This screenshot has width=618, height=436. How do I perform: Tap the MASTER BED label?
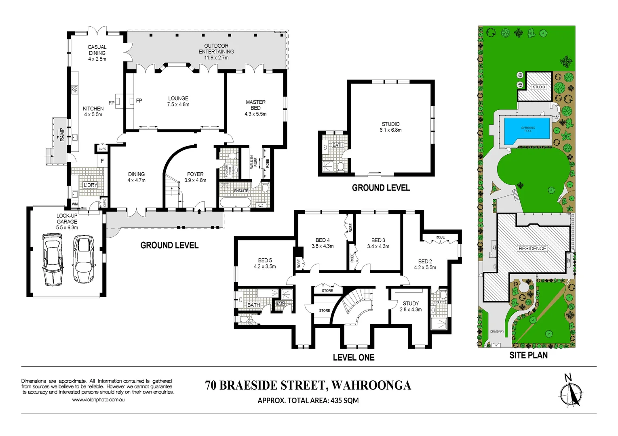click(x=255, y=105)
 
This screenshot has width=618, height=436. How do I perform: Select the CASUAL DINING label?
click(x=97, y=50)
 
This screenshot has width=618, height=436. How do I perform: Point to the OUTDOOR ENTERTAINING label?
click(x=216, y=49)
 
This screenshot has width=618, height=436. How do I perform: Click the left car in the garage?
click(x=53, y=260)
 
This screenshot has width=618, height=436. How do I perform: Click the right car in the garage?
click(x=84, y=259)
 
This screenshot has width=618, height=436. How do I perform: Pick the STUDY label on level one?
click(x=411, y=303)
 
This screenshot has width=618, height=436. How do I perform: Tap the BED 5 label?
click(x=265, y=260)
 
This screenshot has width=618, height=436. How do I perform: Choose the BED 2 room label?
click(x=425, y=262)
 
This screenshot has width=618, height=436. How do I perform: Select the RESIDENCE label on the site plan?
click(x=532, y=249)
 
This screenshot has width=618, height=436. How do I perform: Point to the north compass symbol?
click(x=571, y=392)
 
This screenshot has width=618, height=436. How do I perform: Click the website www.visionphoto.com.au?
click(x=98, y=400)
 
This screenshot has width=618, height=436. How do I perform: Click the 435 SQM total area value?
click(x=344, y=400)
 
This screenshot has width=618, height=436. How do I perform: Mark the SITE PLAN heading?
click(x=528, y=355)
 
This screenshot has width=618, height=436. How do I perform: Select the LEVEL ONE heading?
click(x=354, y=357)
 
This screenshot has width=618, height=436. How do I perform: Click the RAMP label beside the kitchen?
click(x=62, y=134)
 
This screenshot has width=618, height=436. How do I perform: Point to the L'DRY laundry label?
click(x=90, y=185)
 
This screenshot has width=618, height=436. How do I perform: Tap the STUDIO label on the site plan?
click(x=539, y=87)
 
